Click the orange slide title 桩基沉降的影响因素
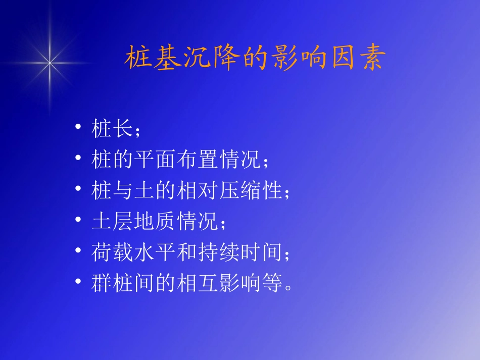pyautogui.click(x=255, y=59)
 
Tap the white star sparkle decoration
pyautogui.click(x=50, y=63)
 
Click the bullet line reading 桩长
pyautogui.click(x=113, y=129)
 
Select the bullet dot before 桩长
pyautogui.click(x=77, y=127)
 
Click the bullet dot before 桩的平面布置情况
pyautogui.click(x=77, y=159)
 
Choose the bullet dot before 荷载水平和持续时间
pyautogui.click(x=77, y=251)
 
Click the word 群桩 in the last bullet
pyautogui.click(x=113, y=284)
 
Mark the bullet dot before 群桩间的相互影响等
pyautogui.click(x=77, y=282)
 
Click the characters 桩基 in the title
pyautogui.click(x=151, y=59)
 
